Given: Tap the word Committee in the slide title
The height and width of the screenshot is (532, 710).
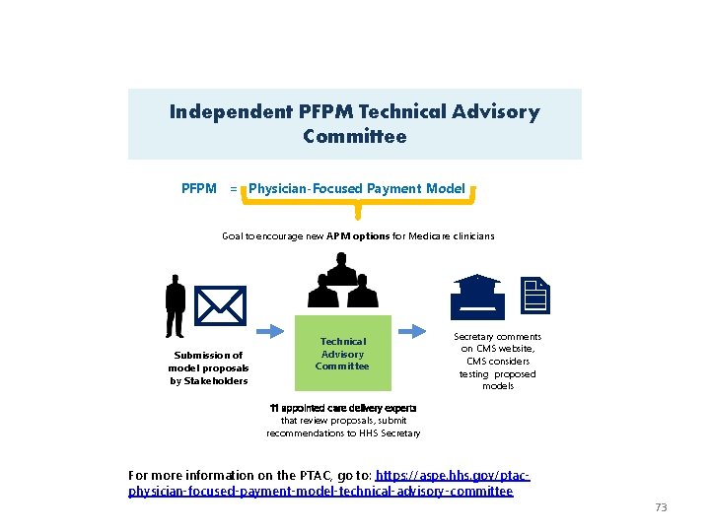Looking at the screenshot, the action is pyautogui.click(x=355, y=137).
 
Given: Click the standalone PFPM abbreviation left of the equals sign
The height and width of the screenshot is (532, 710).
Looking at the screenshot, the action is pyautogui.click(x=199, y=188).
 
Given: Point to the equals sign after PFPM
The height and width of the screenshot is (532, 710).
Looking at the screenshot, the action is pyautogui.click(x=234, y=188).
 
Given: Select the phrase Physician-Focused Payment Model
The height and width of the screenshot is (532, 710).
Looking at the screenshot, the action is pyautogui.click(x=357, y=188).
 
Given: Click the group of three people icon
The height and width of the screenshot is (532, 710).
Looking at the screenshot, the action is pyautogui.click(x=342, y=282).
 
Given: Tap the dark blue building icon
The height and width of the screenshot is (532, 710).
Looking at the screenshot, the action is pyautogui.click(x=476, y=294).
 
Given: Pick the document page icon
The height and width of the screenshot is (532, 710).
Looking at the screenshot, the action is pyautogui.click(x=534, y=295).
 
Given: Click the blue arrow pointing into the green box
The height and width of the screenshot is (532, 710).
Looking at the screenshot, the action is pyautogui.click(x=270, y=333).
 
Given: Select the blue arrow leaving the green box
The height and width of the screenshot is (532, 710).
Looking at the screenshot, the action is pyautogui.click(x=417, y=333).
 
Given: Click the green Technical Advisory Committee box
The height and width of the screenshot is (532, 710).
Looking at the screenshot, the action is pyautogui.click(x=343, y=354).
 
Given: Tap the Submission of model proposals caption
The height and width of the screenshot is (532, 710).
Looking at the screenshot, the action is pyautogui.click(x=208, y=367).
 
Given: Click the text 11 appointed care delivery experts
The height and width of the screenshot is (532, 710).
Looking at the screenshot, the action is pyautogui.click(x=343, y=408).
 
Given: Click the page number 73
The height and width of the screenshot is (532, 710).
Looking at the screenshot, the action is pyautogui.click(x=661, y=507).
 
